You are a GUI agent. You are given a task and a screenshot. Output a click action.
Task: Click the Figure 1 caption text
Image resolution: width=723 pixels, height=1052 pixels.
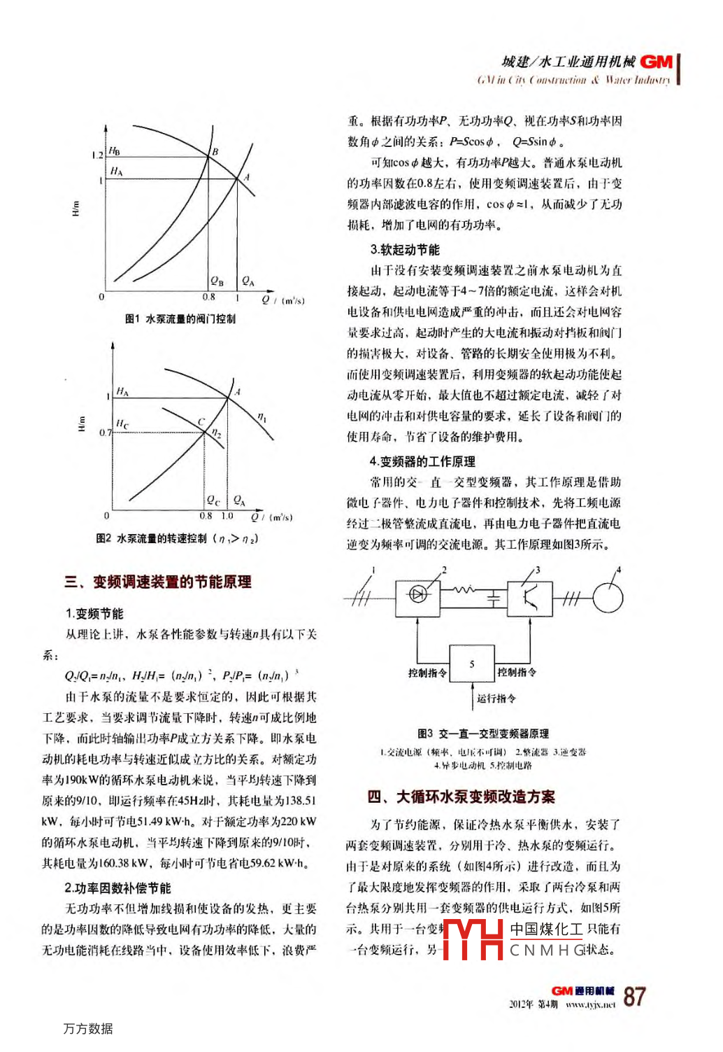[180, 319]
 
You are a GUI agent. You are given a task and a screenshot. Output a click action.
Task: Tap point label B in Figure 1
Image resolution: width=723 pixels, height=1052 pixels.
[215, 151]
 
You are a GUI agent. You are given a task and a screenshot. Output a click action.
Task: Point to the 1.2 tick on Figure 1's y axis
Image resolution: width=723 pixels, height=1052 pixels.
[97, 155]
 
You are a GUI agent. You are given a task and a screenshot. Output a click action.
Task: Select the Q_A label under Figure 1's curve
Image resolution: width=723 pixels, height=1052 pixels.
[248, 281]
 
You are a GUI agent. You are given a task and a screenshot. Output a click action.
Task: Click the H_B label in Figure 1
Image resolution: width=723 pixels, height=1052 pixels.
[114, 151]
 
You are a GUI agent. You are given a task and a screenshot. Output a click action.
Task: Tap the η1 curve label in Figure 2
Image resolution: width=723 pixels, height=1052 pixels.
[262, 417]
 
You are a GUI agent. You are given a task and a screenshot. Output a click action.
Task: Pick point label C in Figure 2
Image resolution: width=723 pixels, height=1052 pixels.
[201, 421]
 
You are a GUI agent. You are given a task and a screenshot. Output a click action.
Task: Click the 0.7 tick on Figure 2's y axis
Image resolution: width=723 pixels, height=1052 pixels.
[105, 433]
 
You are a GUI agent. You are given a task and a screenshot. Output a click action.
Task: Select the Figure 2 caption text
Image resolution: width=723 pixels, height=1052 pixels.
[177, 538]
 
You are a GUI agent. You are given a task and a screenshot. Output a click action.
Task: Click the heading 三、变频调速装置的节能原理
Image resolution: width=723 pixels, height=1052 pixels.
[157, 582]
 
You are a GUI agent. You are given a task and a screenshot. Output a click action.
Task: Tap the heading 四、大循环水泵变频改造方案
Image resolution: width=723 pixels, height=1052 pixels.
[461, 797]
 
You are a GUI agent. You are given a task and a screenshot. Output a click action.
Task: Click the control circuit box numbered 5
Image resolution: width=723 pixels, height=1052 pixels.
[471, 664]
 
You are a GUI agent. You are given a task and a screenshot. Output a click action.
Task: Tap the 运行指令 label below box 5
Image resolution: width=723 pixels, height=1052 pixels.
[496, 698]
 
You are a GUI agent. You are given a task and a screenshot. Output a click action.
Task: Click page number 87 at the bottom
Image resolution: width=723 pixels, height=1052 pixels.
[634, 996]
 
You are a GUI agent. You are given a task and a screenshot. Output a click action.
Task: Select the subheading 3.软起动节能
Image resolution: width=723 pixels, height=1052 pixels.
[405, 250]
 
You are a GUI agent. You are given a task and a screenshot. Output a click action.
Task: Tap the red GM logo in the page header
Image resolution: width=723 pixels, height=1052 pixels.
[656, 62]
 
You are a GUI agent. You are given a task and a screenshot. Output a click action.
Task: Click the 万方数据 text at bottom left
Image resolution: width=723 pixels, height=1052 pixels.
[87, 1028]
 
